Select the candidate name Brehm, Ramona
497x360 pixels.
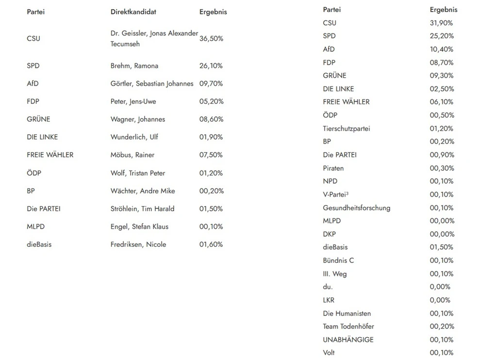pyautogui.click(x=134, y=66)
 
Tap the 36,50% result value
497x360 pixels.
pyautogui.click(x=211, y=38)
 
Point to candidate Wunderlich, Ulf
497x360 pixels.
pyautogui.click(x=134, y=137)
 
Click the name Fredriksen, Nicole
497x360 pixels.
pyautogui.click(x=138, y=244)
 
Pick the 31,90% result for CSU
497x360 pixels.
pyautogui.click(x=441, y=23)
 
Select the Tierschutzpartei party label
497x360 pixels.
pyautogui.click(x=346, y=129)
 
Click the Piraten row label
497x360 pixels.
pyautogui.click(x=333, y=168)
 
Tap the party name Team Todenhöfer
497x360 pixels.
pyautogui.click(x=348, y=326)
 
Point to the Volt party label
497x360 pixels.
pyautogui.click(x=329, y=353)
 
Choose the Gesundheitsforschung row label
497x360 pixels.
pyautogui.click(x=356, y=208)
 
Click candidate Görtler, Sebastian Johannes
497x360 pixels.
pyautogui.click(x=152, y=84)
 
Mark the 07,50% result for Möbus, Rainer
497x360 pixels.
pyautogui.click(x=211, y=155)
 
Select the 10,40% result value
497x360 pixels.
pyautogui.click(x=441, y=49)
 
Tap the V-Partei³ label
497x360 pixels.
pyautogui.click(x=336, y=194)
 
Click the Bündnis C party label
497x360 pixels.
pyautogui.click(x=338, y=260)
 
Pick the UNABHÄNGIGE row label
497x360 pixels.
pyautogui.click(x=348, y=340)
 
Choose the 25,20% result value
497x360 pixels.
pyautogui.click(x=441, y=36)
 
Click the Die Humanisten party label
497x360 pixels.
pyautogui.click(x=347, y=313)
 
